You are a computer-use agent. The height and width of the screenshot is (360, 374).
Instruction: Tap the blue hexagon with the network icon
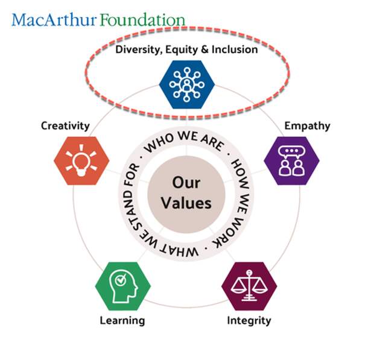[187, 84]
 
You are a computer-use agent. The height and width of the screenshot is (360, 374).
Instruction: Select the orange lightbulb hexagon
[81, 160]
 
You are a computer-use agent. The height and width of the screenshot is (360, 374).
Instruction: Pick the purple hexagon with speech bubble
[291, 160]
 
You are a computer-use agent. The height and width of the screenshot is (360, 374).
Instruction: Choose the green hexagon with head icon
[123, 286]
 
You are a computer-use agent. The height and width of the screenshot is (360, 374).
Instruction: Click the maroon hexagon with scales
[249, 286]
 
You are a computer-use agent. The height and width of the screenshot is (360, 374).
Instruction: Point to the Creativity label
[65, 126]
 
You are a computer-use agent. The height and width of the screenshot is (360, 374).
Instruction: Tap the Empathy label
[307, 126]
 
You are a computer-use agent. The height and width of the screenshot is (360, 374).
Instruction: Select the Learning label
[122, 321]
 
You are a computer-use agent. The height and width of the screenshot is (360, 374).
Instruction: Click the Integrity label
[249, 321]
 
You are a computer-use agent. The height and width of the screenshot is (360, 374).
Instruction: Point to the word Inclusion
[235, 49]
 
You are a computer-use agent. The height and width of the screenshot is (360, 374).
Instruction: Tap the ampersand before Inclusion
[204, 49]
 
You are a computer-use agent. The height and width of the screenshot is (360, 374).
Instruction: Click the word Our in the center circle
[186, 183]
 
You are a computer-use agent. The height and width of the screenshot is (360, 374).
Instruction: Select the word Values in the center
[186, 203]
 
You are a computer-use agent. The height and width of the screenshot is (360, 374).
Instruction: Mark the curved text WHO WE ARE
[185, 142]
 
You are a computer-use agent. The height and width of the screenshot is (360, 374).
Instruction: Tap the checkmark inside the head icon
[121, 280]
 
